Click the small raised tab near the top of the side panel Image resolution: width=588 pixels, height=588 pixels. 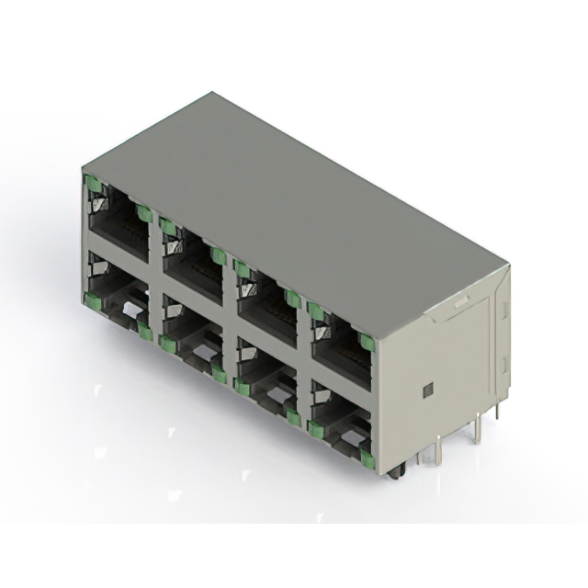(x=461, y=300)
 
